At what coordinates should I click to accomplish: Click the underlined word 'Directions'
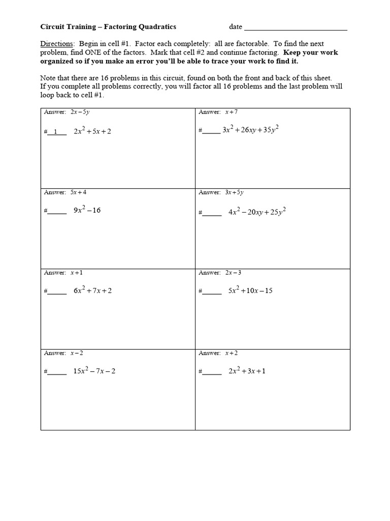coord(57,44)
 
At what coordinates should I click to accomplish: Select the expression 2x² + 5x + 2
coord(92,131)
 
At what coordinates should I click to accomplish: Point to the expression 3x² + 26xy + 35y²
coord(251,130)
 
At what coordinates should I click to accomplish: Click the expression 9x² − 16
coord(87,210)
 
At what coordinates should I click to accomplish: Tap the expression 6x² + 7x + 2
coord(92,291)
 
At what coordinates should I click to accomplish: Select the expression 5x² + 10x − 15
coord(250,291)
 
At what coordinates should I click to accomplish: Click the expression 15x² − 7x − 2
coord(94,371)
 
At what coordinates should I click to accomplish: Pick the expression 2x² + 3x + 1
coord(247,371)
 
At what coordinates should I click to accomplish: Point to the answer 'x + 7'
coord(232,112)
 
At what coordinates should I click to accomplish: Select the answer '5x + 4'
coord(82,192)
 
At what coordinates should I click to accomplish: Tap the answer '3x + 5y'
coord(235,192)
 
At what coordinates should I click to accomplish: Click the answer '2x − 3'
coord(234,273)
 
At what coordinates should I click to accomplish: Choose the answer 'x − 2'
coord(77,353)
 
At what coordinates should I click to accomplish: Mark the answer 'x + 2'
coord(232,353)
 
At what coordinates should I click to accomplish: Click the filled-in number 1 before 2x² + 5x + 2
coord(56,132)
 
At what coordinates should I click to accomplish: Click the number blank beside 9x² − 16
coord(57,212)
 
